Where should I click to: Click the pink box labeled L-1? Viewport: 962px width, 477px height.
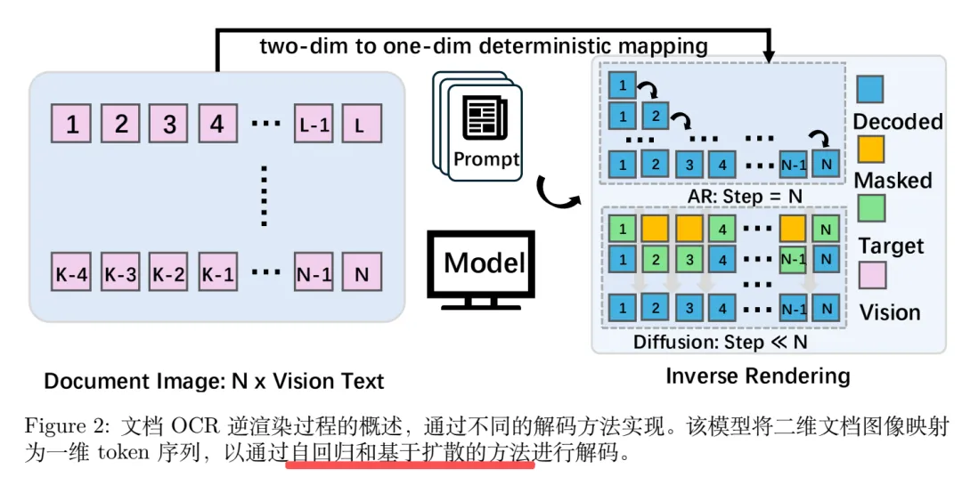pyautogui.click(x=314, y=125)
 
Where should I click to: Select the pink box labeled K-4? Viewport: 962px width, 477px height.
pyautogui.click(x=72, y=274)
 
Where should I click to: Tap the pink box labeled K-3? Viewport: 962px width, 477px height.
pyautogui.click(x=120, y=274)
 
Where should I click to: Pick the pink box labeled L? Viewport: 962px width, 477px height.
pyautogui.click(x=361, y=125)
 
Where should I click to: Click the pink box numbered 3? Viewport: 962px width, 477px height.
pyautogui.click(x=169, y=125)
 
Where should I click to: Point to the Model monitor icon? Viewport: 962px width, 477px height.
pyautogui.click(x=484, y=267)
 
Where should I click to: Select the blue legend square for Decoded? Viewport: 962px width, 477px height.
pyautogui.click(x=870, y=89)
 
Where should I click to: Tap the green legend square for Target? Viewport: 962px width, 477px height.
pyautogui.click(x=870, y=211)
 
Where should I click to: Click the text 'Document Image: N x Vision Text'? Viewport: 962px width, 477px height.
pyautogui.click(x=214, y=382)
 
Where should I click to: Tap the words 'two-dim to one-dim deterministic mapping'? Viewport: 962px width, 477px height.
pyautogui.click(x=484, y=46)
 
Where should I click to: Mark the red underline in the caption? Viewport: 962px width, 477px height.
pyautogui.click(x=410, y=464)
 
